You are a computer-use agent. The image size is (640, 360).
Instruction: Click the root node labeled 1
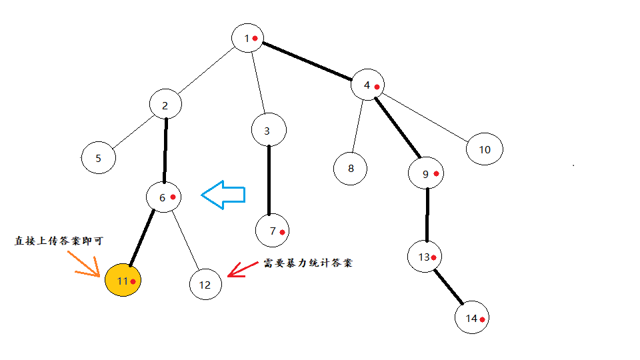tap(248, 38)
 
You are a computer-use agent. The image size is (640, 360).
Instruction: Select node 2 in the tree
tap(166, 105)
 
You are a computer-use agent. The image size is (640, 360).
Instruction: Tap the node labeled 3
tap(269, 131)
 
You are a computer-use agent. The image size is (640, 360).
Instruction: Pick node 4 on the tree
tap(369, 85)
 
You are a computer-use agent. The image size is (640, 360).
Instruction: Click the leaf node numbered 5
tap(99, 159)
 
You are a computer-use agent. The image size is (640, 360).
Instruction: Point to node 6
tap(164, 197)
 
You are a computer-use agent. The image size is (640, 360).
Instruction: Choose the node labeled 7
tap(273, 231)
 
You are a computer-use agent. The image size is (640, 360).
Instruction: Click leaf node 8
tap(351, 168)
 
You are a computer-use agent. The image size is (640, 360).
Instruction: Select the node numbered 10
tap(485, 149)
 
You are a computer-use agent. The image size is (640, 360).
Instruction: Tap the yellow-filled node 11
tap(123, 281)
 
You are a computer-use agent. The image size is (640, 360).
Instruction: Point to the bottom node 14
tap(473, 319)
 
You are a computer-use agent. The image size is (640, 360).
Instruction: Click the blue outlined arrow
tap(223, 195)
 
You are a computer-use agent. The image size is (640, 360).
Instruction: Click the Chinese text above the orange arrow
tap(59, 241)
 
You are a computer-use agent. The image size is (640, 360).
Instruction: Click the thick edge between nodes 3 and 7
tap(269, 180)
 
